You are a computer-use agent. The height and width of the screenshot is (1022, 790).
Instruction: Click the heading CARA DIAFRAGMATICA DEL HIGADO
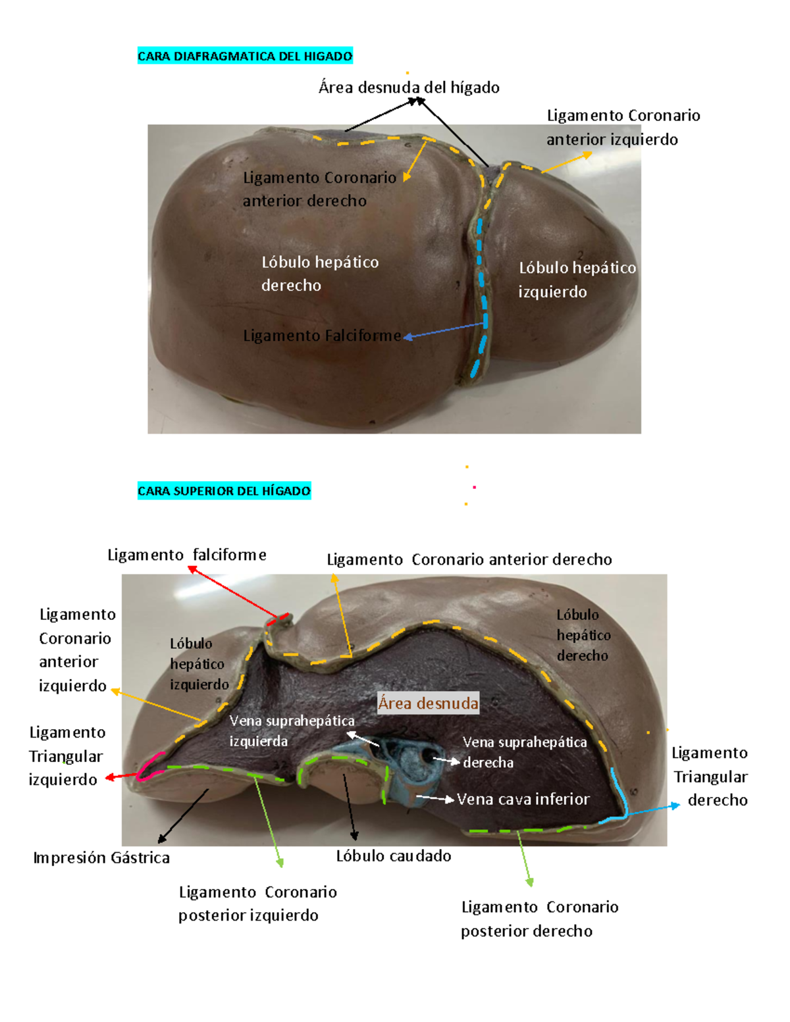point(245,56)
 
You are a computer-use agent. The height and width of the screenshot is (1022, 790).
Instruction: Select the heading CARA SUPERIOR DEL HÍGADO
point(224,490)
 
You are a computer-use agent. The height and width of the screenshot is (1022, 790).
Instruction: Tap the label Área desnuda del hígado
point(409,88)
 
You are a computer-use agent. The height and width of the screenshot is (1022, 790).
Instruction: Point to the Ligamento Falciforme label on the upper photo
point(323,336)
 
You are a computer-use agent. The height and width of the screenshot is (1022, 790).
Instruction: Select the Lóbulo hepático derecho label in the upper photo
point(320,273)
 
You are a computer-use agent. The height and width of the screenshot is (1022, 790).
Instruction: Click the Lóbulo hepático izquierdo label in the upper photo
point(577,280)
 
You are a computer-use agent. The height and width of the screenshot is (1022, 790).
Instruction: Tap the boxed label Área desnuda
point(428,703)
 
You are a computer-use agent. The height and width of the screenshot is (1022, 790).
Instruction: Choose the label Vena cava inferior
point(523,799)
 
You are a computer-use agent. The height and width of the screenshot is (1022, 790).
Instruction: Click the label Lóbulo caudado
point(393,856)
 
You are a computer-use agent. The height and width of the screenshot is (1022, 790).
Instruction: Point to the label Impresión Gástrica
point(101,858)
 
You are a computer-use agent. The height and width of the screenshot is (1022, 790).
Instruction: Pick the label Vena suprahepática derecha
point(525,752)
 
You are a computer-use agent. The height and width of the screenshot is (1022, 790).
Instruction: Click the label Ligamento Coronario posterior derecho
point(540,919)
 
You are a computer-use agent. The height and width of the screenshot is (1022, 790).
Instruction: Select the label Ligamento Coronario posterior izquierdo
point(257,904)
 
